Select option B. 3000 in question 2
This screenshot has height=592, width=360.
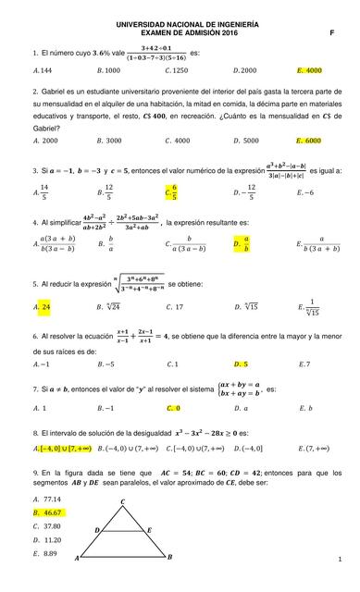pyautogui.click(x=108, y=141)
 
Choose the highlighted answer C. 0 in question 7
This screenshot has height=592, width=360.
pyautogui.click(x=173, y=408)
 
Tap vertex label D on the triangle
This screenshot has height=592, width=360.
pyautogui.click(x=97, y=529)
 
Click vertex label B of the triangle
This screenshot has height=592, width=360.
pyautogui.click(x=169, y=557)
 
